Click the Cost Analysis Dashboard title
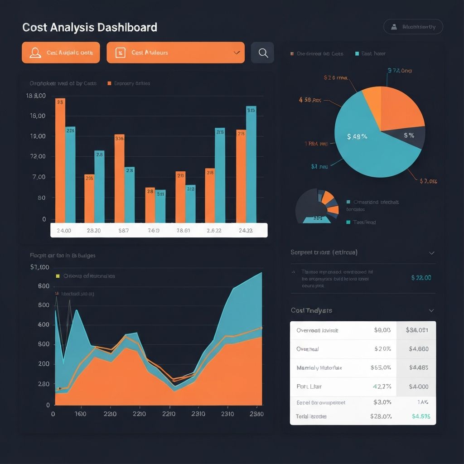pyautogui.click(x=90, y=28)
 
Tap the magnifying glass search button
pyautogui.click(x=263, y=53)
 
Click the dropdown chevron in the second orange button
pyautogui.click(x=237, y=53)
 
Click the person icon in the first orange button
pyautogui.click(x=35, y=53)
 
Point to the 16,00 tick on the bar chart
pyautogui.click(x=38, y=116)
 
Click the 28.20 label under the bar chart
pyautogui.click(x=93, y=230)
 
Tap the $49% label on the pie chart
pyautogui.click(x=357, y=136)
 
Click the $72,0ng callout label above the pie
pyautogui.click(x=400, y=71)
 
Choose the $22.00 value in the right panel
pyautogui.click(x=421, y=278)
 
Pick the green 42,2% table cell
pyautogui.click(x=382, y=387)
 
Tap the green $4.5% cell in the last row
pyautogui.click(x=421, y=416)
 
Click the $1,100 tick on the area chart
pyautogui.click(x=39, y=267)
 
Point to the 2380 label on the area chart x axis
pyautogui.click(x=256, y=414)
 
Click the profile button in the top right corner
pyautogui.click(x=413, y=27)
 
